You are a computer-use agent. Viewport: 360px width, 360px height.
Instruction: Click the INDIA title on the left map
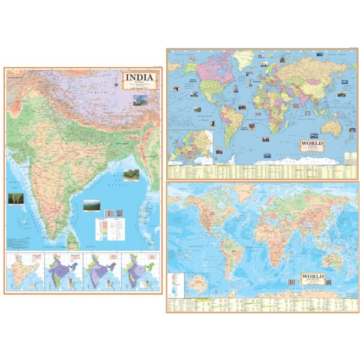click(139, 77)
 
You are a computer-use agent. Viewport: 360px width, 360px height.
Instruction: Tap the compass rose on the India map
click(115, 84)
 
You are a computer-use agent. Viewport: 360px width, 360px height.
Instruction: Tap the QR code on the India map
click(118, 212)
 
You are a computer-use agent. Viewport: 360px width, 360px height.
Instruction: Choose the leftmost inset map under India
click(23, 272)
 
